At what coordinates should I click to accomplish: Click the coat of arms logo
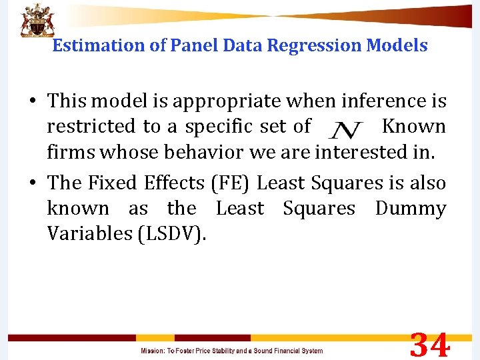pos(37,19)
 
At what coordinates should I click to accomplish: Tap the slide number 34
pos(430,346)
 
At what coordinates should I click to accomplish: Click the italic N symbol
pos(346,127)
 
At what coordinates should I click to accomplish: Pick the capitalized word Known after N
pos(414,126)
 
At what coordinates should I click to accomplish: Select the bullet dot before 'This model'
pos(31,102)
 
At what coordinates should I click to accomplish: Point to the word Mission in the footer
pos(153,351)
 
